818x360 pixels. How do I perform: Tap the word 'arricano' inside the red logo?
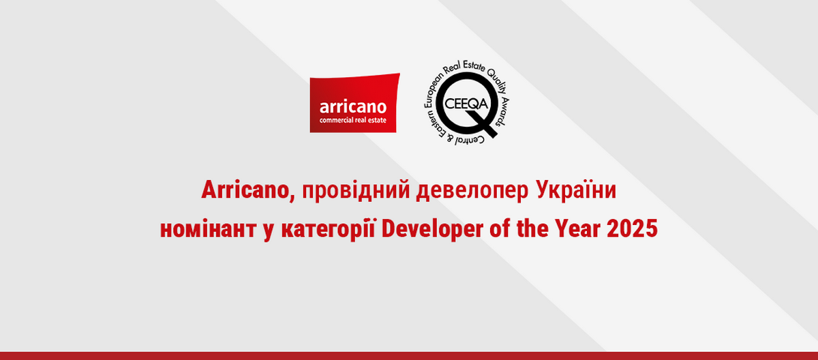352,107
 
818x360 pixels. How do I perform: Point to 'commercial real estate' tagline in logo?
352,121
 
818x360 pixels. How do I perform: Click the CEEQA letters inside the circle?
464,103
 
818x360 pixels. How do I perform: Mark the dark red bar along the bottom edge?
409,355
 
